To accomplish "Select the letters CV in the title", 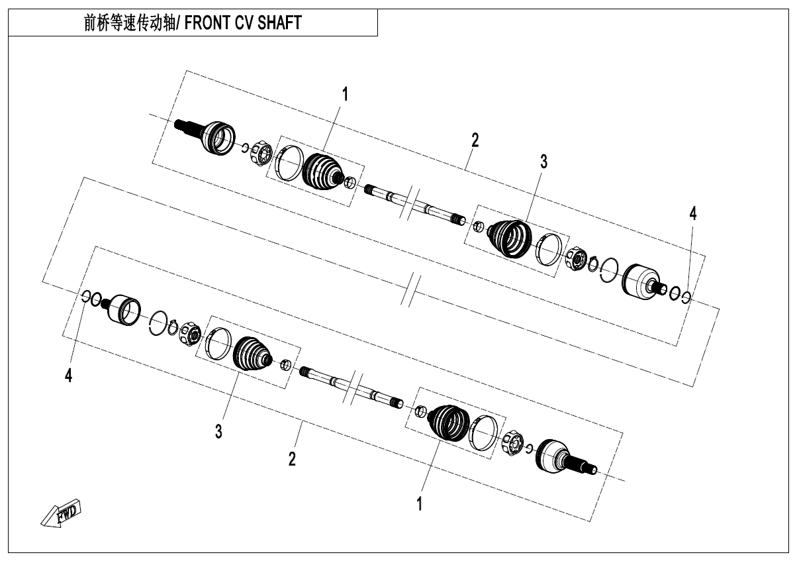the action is click(243, 23).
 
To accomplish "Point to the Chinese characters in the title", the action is click(130, 23).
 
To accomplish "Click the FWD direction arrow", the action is click(61, 513).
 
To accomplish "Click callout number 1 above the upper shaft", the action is click(345, 94).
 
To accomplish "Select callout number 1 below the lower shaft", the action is click(420, 504).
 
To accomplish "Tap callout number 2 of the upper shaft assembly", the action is click(475, 140).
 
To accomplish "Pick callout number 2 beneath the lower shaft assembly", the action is click(292, 460).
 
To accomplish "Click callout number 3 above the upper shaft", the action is click(543, 162).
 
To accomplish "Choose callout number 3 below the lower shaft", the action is click(218, 432).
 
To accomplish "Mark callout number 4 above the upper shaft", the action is click(693, 214).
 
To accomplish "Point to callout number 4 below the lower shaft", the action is click(68, 376).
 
